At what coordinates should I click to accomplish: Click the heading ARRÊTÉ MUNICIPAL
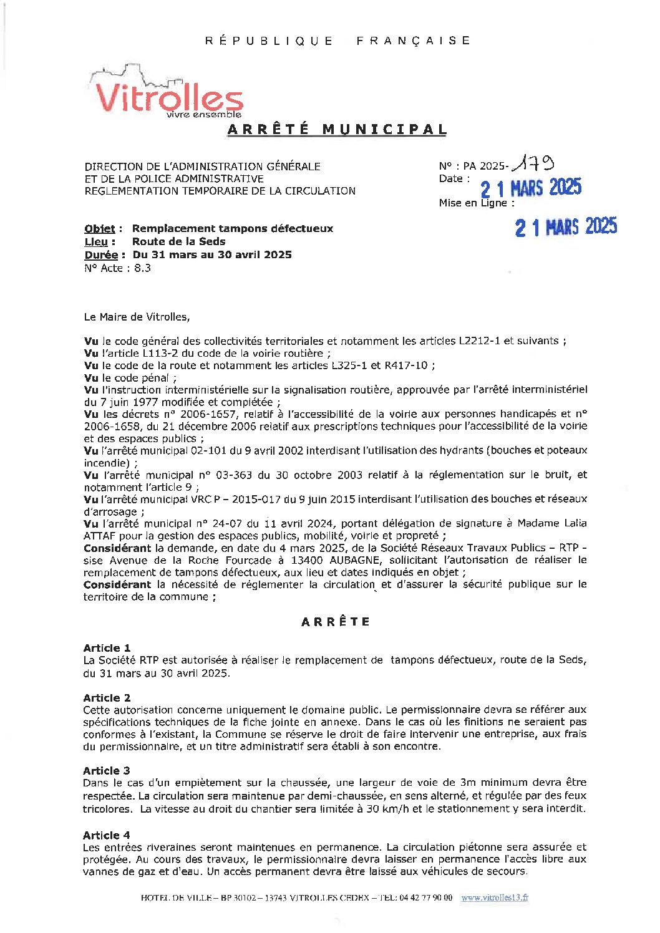coord(337,130)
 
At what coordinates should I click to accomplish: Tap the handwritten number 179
coord(533,165)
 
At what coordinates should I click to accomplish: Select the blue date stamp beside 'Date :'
coord(531,188)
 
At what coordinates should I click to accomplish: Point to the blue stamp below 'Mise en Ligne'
coord(566,227)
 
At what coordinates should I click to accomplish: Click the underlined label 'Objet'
coord(100,229)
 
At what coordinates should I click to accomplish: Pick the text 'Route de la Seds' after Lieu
coord(178,241)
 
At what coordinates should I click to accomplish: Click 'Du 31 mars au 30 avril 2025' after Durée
coord(211,254)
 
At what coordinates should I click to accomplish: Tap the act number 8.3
coord(142,268)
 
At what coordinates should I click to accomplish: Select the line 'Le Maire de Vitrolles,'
coord(137,317)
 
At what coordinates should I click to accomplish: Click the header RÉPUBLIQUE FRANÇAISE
coord(337,41)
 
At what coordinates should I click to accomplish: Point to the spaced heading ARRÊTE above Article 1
coord(336,622)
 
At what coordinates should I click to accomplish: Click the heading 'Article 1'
coord(107,648)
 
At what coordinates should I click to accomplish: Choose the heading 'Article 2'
coord(107,698)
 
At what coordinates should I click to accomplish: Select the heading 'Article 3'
coord(107,771)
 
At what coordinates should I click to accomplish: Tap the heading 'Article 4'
coord(107,835)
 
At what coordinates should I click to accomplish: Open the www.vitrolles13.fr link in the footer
coord(495,897)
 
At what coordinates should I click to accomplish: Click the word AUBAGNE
coord(354,560)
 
